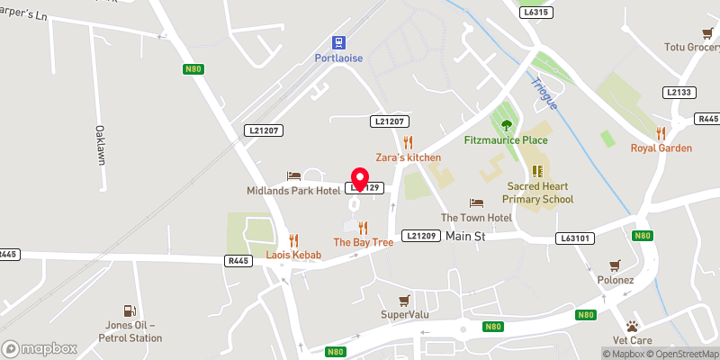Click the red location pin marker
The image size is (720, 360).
(x=359, y=180)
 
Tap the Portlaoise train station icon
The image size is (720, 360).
(x=338, y=42)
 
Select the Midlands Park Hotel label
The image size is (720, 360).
(x=293, y=191)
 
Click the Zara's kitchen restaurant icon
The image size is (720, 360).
(x=408, y=141)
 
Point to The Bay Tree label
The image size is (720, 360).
(x=364, y=242)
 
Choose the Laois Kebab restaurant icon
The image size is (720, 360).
(x=293, y=239)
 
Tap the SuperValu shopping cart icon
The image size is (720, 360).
(x=404, y=300)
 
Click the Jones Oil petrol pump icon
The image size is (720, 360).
(x=131, y=309)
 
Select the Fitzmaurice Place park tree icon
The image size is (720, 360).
(x=506, y=125)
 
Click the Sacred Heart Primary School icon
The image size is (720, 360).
(x=538, y=170)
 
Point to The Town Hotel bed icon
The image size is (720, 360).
(x=475, y=202)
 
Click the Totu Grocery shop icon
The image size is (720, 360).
(x=707, y=32)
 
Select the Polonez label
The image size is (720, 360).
(x=616, y=280)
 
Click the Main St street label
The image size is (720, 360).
(x=465, y=236)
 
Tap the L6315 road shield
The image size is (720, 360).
(x=536, y=13)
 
